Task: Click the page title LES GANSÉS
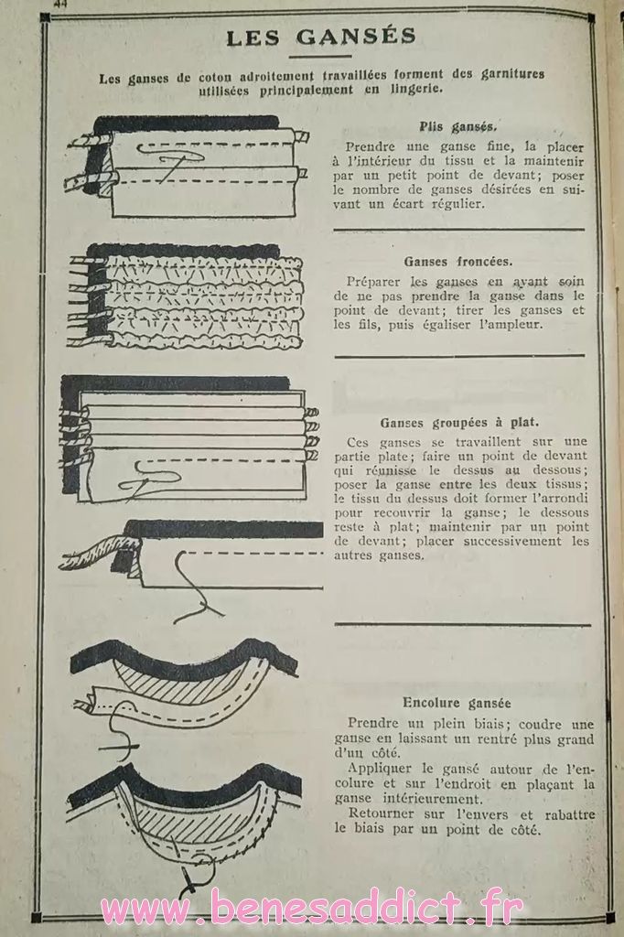pos(321,37)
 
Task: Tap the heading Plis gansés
pos(458,126)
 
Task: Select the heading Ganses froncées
pos(457,261)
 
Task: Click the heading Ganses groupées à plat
pos(459,423)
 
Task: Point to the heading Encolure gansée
pos(457,703)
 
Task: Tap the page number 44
pos(60,4)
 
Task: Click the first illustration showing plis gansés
pos(187,167)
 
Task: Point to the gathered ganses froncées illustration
pos(186,296)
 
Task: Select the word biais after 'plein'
pos(469,725)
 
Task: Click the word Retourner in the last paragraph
pos(382,813)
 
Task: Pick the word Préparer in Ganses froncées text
pos(375,282)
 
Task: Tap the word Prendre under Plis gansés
pos(370,147)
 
